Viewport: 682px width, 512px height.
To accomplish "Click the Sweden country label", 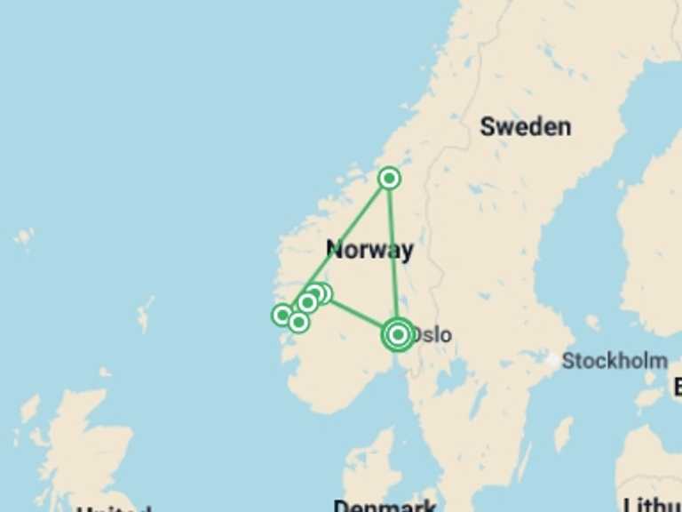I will pyautogui.click(x=525, y=127).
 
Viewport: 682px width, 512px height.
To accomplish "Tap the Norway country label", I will pyautogui.click(x=369, y=250).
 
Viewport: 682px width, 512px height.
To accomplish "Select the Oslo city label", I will pyautogui.click(x=432, y=335).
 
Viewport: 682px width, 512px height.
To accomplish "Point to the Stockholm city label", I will pyautogui.click(x=615, y=361).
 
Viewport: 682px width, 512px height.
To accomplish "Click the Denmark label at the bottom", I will pyautogui.click(x=385, y=506).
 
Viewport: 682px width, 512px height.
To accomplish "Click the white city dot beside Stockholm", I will pyautogui.click(x=553, y=361).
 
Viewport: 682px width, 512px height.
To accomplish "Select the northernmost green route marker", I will pyautogui.click(x=389, y=179).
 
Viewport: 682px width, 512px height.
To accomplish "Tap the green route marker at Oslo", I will pyautogui.click(x=398, y=334).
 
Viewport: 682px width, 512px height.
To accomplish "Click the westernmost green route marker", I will pyautogui.click(x=282, y=314).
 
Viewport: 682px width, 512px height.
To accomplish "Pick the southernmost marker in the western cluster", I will pyautogui.click(x=298, y=322).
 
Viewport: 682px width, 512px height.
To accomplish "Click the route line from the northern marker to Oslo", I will pyautogui.click(x=393, y=258).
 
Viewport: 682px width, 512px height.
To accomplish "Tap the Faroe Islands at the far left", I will pyautogui.click(x=24, y=237).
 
